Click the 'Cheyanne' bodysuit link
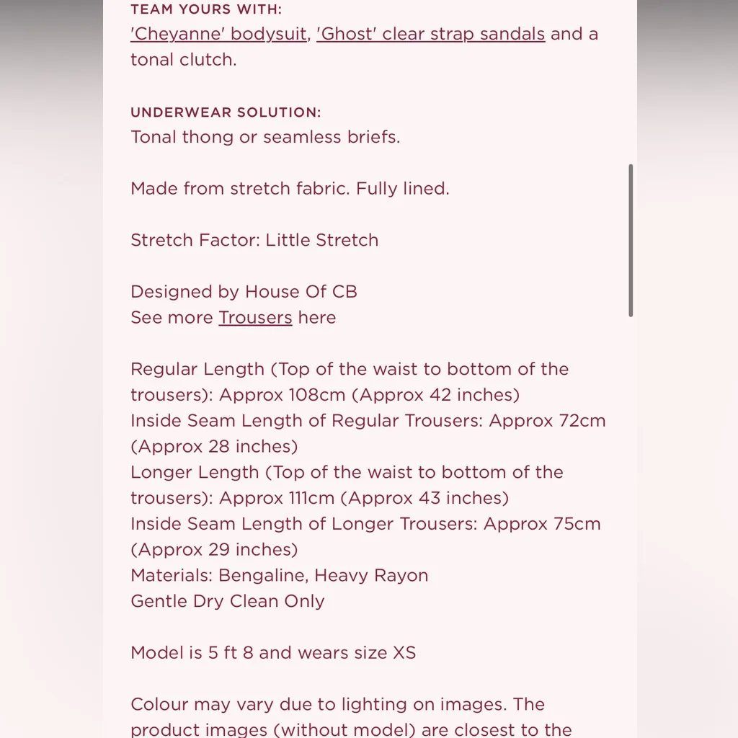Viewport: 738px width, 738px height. [x=218, y=34]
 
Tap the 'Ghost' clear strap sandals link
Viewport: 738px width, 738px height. [x=430, y=34]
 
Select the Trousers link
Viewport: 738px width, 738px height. [x=255, y=318]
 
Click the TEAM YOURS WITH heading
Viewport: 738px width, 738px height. [x=206, y=9]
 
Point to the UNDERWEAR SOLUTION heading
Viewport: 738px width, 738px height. [x=226, y=112]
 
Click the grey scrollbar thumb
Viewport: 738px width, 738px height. [x=631, y=240]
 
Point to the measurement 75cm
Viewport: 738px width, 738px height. [x=577, y=524]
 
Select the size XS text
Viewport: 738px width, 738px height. [x=404, y=653]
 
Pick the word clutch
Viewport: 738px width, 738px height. [x=208, y=60]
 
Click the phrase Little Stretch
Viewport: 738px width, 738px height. [x=321, y=240]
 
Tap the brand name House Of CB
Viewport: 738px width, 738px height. [x=301, y=292]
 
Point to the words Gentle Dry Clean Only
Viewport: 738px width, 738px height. [x=227, y=601]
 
